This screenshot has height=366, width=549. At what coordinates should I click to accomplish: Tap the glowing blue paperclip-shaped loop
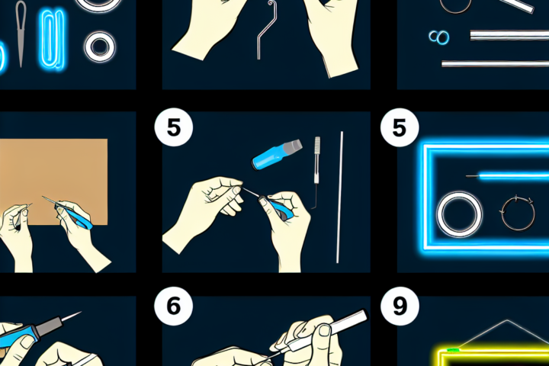53,39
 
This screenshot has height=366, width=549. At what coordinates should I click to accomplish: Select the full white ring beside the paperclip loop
100,47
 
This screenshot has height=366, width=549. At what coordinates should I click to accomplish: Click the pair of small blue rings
439,37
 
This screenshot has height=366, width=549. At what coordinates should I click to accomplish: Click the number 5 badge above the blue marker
174,127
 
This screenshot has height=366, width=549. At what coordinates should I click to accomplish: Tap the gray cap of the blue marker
294,146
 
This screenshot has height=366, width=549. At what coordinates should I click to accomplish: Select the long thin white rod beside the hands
339,197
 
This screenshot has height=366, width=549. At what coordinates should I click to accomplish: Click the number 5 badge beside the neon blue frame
400,127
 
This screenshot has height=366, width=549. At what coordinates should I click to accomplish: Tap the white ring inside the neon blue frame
459,214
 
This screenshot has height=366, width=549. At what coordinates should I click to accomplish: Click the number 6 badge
173,307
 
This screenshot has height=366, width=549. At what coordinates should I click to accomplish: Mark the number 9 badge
400,307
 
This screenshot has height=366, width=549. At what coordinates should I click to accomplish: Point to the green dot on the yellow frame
453,350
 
